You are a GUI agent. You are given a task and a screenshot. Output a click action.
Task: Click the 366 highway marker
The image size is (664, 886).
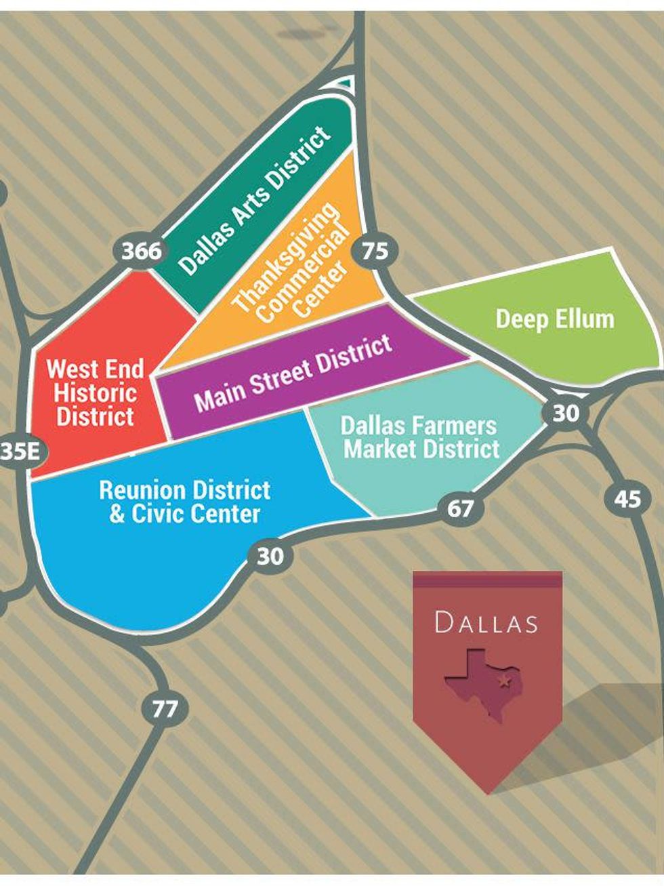[x=142, y=251]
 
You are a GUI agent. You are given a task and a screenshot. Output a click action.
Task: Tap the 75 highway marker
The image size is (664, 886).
[x=375, y=251]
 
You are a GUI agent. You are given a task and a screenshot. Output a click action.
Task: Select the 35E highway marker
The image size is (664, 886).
[x=20, y=452]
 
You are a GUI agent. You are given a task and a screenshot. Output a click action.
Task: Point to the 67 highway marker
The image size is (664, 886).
[x=460, y=508]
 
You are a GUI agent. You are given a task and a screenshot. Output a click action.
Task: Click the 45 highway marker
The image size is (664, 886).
[x=627, y=500]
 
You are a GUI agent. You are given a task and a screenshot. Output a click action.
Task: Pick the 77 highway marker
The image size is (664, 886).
[x=165, y=710]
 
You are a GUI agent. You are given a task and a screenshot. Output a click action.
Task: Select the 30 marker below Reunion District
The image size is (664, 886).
[x=270, y=557]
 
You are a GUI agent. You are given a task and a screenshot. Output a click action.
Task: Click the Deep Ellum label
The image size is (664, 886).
[x=555, y=319]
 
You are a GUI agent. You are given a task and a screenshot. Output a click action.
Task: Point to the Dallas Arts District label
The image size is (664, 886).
[x=255, y=200]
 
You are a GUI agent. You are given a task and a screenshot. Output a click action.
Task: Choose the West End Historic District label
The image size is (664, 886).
[x=95, y=392]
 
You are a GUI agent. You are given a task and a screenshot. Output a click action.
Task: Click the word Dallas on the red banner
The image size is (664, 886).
[x=486, y=622]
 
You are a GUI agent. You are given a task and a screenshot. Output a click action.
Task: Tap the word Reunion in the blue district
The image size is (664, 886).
[x=142, y=490]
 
